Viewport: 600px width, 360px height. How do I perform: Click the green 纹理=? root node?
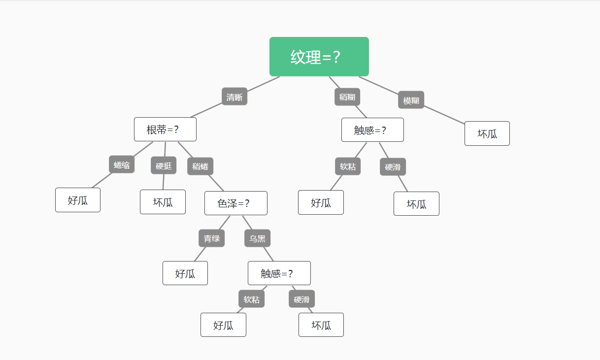[x=319, y=57]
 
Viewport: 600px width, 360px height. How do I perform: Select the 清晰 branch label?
[x=234, y=97]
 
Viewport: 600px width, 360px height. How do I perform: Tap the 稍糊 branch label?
[x=347, y=97]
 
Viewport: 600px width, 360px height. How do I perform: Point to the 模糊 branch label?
[x=411, y=100]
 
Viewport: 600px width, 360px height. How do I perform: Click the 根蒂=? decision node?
[x=165, y=130]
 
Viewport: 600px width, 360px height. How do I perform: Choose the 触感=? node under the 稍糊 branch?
[x=372, y=130]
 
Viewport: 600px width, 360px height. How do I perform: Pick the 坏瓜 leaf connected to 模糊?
[x=487, y=133]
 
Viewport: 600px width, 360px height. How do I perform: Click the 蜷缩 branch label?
[x=122, y=164]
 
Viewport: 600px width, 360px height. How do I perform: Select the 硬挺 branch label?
[x=164, y=165]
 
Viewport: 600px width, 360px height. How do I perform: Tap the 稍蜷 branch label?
[x=200, y=166]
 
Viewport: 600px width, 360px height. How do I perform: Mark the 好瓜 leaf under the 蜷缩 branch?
[x=78, y=200]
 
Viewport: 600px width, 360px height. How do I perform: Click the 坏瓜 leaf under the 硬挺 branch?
[x=163, y=202]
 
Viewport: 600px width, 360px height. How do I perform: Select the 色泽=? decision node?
[x=235, y=203]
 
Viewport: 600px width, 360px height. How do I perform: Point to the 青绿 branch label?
[x=211, y=238]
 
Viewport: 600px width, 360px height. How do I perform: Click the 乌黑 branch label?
[x=257, y=238]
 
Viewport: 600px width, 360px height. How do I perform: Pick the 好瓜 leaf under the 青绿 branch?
[x=185, y=273]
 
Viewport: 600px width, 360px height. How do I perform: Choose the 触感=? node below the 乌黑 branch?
[x=279, y=273]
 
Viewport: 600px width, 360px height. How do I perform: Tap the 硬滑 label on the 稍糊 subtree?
[x=393, y=167]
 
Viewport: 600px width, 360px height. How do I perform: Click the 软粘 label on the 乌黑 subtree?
[x=252, y=299]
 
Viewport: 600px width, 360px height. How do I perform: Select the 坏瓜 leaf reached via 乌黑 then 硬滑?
[x=321, y=325]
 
